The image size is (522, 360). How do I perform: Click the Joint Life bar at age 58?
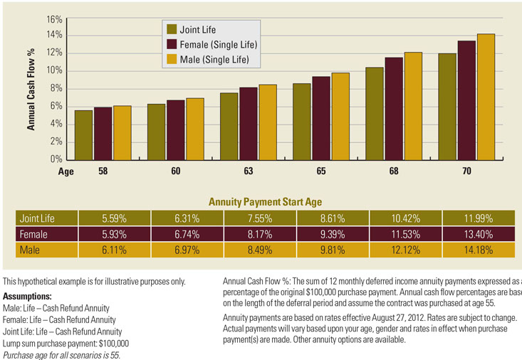click(x=83, y=135)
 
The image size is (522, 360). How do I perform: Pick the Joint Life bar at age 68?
click(x=375, y=114)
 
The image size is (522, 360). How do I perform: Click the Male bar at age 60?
click(x=195, y=129)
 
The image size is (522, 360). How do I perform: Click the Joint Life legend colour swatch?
click(x=172, y=30)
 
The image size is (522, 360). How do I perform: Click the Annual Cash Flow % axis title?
click(x=31, y=88)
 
